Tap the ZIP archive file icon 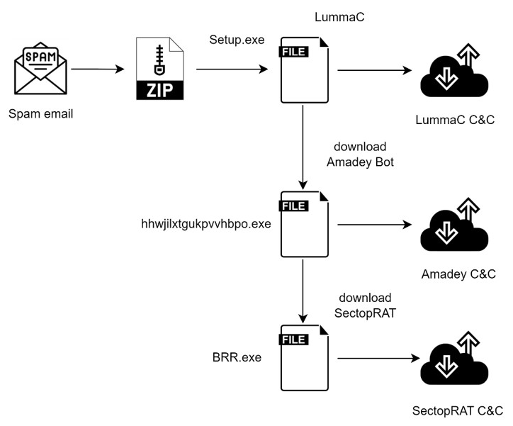(159, 69)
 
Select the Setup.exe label (237, 40)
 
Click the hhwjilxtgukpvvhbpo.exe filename (206, 224)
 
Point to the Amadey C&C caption (458, 274)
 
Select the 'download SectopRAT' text (364, 305)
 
